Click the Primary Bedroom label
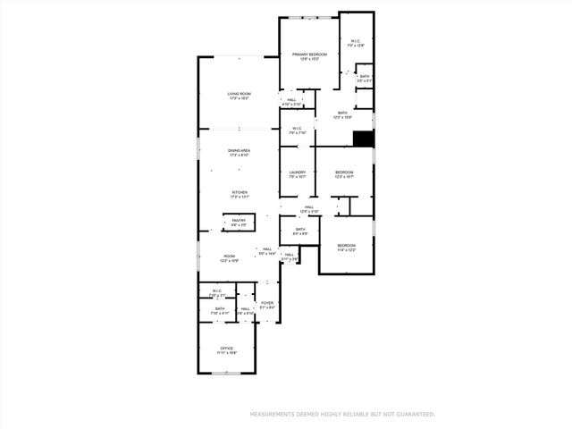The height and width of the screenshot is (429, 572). tap(309, 55)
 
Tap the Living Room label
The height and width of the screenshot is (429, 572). tap(238, 95)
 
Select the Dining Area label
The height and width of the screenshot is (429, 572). tap(238, 151)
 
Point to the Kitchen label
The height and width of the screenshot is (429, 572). tap(240, 193)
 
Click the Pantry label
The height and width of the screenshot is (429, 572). tap(239, 221)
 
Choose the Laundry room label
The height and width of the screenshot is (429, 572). tap(298, 172)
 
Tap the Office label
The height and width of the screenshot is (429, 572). tap(227, 349)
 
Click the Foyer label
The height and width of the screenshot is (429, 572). tap(267, 304)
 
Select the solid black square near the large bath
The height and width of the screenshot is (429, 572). tap(363, 139)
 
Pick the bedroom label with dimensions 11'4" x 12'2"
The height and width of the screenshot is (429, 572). tap(346, 246)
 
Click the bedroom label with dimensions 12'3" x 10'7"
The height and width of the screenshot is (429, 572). tap(345, 172)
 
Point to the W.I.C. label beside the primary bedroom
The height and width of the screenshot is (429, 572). tap(356, 40)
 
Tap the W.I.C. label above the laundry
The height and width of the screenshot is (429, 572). tap(298, 129)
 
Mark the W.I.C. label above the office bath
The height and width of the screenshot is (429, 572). tap(217, 291)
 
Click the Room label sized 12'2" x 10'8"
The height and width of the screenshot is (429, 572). tap(230, 257)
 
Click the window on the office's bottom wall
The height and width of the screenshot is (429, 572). tap(227, 374)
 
